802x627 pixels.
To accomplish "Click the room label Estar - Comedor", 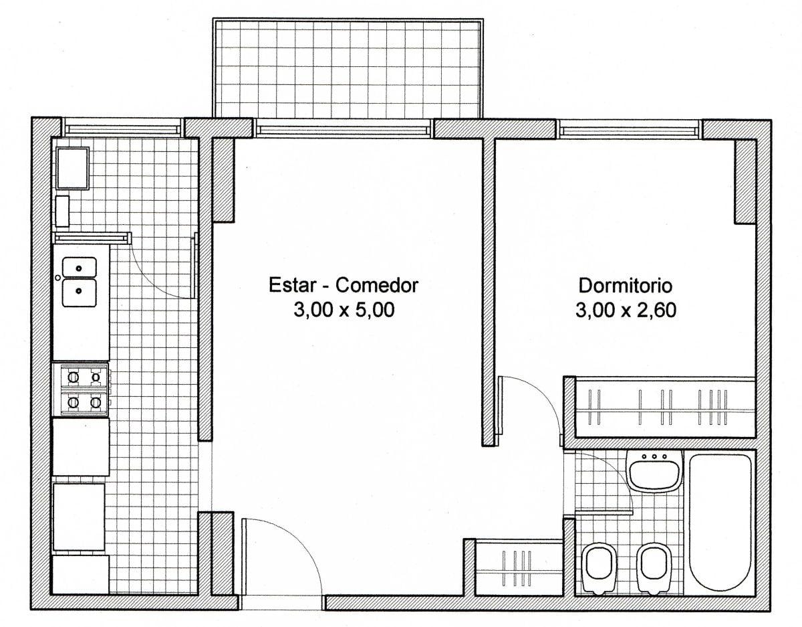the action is point(344,285).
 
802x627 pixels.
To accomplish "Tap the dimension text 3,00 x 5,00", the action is point(344,310).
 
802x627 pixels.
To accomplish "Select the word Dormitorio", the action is point(625,286).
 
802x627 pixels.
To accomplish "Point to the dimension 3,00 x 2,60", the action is point(626,310).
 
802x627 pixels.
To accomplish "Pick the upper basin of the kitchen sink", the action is point(80,267).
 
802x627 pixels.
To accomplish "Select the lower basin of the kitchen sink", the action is point(80,292).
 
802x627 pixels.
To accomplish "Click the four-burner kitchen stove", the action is point(81,390).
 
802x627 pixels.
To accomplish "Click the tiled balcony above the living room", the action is point(348,68).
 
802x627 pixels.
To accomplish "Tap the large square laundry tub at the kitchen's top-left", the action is point(72,169).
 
